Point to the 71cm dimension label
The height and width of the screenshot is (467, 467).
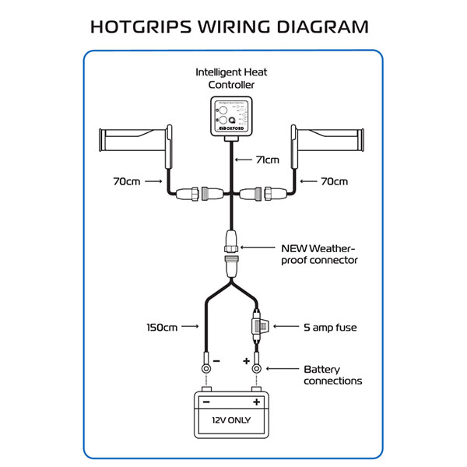coord(267,160)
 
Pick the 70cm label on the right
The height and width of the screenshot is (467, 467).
coord(335,182)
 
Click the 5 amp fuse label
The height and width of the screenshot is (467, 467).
coord(330,327)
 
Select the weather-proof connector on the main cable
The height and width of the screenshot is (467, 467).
coord(232,253)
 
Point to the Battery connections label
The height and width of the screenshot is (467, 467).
coord(332,375)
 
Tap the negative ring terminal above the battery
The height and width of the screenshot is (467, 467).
coord(206,367)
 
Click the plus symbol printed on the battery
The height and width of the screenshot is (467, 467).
coord(256,402)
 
